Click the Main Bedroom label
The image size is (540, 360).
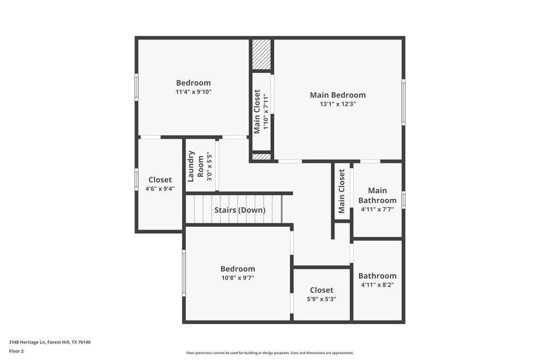[x=337, y=95]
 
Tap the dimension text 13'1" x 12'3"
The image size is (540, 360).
[x=337, y=104]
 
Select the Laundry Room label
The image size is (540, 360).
[x=195, y=166]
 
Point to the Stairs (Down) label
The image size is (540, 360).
[x=240, y=210]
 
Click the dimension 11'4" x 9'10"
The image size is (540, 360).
[x=193, y=92]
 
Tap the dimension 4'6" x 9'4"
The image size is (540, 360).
[x=160, y=189]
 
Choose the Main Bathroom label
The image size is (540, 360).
[x=377, y=195]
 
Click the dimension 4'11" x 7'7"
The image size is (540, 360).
[x=377, y=209]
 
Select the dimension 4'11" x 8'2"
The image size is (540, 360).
[x=377, y=285]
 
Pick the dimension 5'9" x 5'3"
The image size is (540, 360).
[x=321, y=299]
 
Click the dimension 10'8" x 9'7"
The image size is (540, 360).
[x=238, y=278]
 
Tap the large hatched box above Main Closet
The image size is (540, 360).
[x=262, y=54]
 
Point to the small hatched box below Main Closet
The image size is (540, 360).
[x=261, y=157]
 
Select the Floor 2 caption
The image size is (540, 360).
[x=16, y=351]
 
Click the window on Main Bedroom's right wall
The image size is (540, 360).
[x=403, y=103]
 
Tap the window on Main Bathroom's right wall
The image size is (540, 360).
[x=403, y=200]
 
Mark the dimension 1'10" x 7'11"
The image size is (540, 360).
[x=265, y=113]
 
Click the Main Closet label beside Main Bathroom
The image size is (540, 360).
[x=342, y=192]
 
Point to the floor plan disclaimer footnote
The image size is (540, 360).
[x=270, y=353]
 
